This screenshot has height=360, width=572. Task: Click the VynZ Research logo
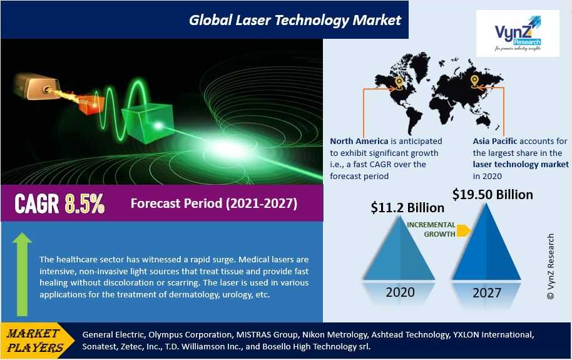pos(518,34)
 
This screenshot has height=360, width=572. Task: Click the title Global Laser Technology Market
pos(295,20)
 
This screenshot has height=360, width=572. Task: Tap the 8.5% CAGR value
pos(84,203)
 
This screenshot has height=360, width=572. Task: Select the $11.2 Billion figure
pos(407,208)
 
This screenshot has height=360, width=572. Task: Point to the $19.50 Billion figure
pos(493,194)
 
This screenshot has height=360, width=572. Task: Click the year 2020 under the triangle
pos(400,292)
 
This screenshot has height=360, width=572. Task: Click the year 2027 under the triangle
pos(487,293)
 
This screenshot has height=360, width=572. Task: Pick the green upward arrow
pos(23,274)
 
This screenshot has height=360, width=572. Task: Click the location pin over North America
pos(399,83)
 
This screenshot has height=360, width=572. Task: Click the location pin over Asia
pos(474,81)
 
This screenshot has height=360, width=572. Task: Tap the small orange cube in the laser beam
pos(91,104)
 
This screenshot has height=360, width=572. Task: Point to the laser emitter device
pos(36,86)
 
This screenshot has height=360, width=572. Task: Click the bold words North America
pos(359,141)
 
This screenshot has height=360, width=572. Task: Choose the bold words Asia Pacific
pos(495,141)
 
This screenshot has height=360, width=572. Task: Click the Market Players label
pos(34,341)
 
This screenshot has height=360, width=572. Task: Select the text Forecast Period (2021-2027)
pos(214,203)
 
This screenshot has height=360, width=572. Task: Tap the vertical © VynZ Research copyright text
pos(551,267)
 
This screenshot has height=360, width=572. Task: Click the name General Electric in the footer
pos(114,335)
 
